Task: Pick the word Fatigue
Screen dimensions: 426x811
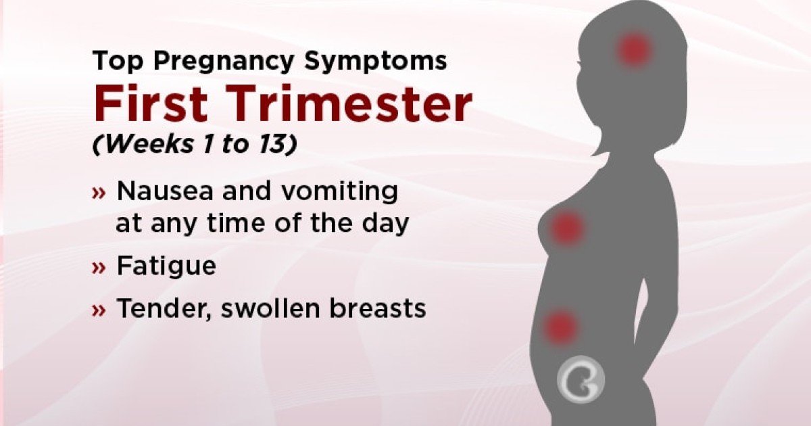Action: (x=166, y=266)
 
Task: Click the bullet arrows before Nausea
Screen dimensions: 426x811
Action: (x=99, y=193)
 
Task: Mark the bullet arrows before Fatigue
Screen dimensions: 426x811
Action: (x=99, y=267)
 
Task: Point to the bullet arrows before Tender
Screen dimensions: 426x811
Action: (x=99, y=309)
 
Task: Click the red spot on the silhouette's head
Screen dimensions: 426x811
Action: (x=634, y=49)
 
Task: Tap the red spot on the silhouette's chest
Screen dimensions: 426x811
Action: (x=567, y=228)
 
